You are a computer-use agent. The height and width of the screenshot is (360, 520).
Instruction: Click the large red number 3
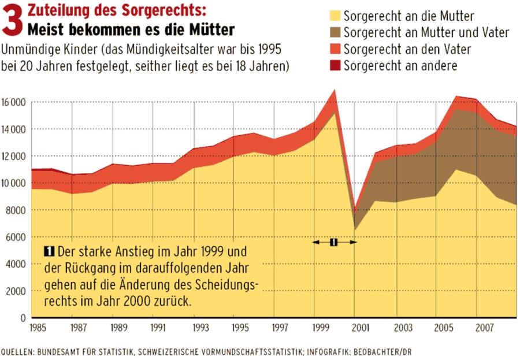click(x=13, y=21)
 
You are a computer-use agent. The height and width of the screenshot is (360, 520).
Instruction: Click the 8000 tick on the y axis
click(x=18, y=210)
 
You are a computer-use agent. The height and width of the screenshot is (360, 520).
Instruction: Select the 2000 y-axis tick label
click(x=18, y=291)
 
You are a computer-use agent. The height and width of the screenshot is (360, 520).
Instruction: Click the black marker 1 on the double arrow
click(x=333, y=243)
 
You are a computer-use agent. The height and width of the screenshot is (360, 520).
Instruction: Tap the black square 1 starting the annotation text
click(x=49, y=251)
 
